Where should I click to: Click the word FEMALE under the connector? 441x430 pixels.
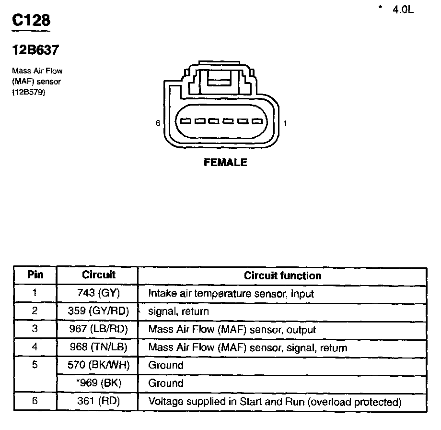(x=225, y=162)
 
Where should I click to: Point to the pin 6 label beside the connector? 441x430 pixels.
(x=158, y=123)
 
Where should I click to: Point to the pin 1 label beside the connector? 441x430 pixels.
(x=285, y=123)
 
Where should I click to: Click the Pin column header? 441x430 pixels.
(x=35, y=275)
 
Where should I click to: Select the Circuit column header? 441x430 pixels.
(x=98, y=275)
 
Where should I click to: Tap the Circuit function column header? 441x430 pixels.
(x=282, y=275)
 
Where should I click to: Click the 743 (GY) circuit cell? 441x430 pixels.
(x=98, y=293)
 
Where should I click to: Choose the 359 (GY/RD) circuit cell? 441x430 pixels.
(x=98, y=311)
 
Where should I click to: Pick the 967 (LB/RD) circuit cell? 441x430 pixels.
(x=98, y=329)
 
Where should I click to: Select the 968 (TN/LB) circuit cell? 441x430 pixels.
(x=98, y=347)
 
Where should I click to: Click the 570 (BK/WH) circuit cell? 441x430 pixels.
(x=98, y=365)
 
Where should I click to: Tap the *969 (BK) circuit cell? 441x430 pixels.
(x=98, y=383)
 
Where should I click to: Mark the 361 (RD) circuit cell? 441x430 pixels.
(x=98, y=401)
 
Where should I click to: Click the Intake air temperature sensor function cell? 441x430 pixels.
(x=231, y=293)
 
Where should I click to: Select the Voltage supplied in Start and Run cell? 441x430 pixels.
(x=274, y=401)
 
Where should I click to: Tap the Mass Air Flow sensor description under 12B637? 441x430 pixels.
(x=37, y=82)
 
